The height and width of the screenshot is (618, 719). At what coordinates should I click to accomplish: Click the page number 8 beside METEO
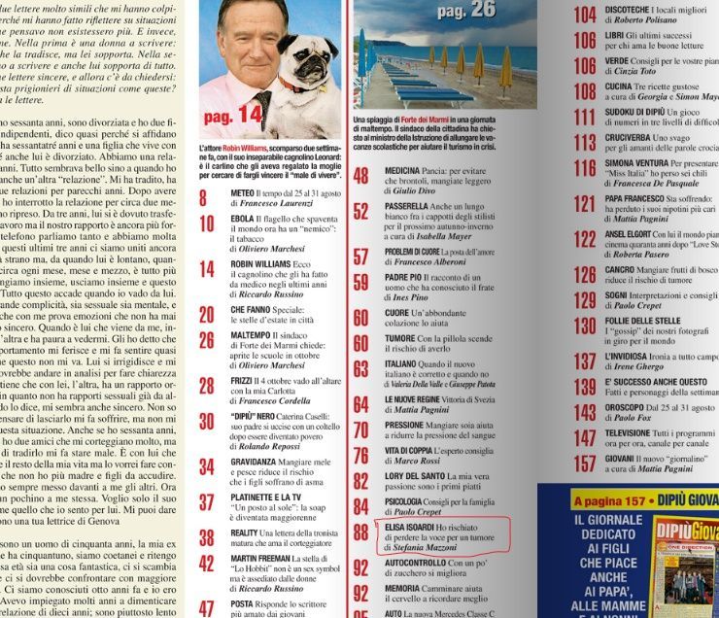205,198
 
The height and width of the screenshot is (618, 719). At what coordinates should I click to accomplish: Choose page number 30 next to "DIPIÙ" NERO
208,422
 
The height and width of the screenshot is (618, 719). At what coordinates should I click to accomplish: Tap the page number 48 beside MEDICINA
360,176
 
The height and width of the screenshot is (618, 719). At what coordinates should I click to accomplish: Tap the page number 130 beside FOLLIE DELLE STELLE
585,326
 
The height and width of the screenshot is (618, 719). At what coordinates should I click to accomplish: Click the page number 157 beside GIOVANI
585,463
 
